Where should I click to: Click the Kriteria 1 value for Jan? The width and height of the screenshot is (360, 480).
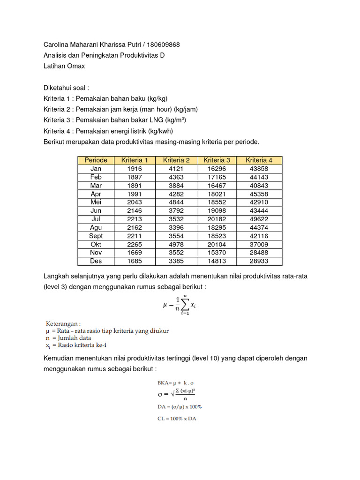(135, 169)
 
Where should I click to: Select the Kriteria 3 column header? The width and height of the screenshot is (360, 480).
(217, 160)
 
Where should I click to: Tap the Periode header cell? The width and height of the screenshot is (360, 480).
(96, 160)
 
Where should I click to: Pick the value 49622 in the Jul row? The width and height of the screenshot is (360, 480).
(259, 219)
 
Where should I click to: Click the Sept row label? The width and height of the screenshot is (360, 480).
(96, 236)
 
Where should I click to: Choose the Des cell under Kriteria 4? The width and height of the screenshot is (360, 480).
(259, 261)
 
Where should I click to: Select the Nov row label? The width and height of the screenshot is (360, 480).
(96, 253)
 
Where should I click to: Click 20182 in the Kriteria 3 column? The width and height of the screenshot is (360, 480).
(217, 219)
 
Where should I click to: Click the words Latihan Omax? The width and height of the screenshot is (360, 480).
(64, 66)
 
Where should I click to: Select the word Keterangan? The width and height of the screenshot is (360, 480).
(63, 323)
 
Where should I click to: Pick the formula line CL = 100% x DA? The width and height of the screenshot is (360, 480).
(177, 419)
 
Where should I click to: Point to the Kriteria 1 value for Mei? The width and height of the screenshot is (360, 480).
(135, 202)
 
